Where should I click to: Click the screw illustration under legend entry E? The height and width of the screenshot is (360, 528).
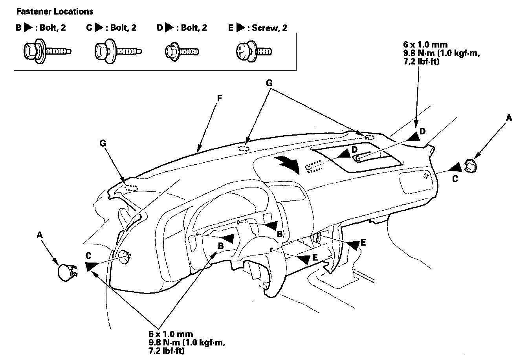pos(253,51)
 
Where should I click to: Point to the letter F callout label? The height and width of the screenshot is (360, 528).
pos(220,97)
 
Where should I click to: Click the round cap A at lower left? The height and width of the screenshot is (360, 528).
pos(65,272)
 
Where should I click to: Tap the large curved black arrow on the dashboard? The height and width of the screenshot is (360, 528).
pos(288,163)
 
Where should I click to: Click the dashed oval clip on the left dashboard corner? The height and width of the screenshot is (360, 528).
pos(131,187)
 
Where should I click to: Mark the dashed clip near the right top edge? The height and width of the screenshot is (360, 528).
pos(369,137)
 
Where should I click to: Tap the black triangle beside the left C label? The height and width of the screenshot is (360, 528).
pos(89,266)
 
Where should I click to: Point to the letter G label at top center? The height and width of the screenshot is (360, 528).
pos(269,83)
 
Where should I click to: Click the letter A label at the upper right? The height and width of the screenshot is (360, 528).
pos(509,118)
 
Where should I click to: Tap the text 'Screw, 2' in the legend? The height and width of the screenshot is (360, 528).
pos(269,28)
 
